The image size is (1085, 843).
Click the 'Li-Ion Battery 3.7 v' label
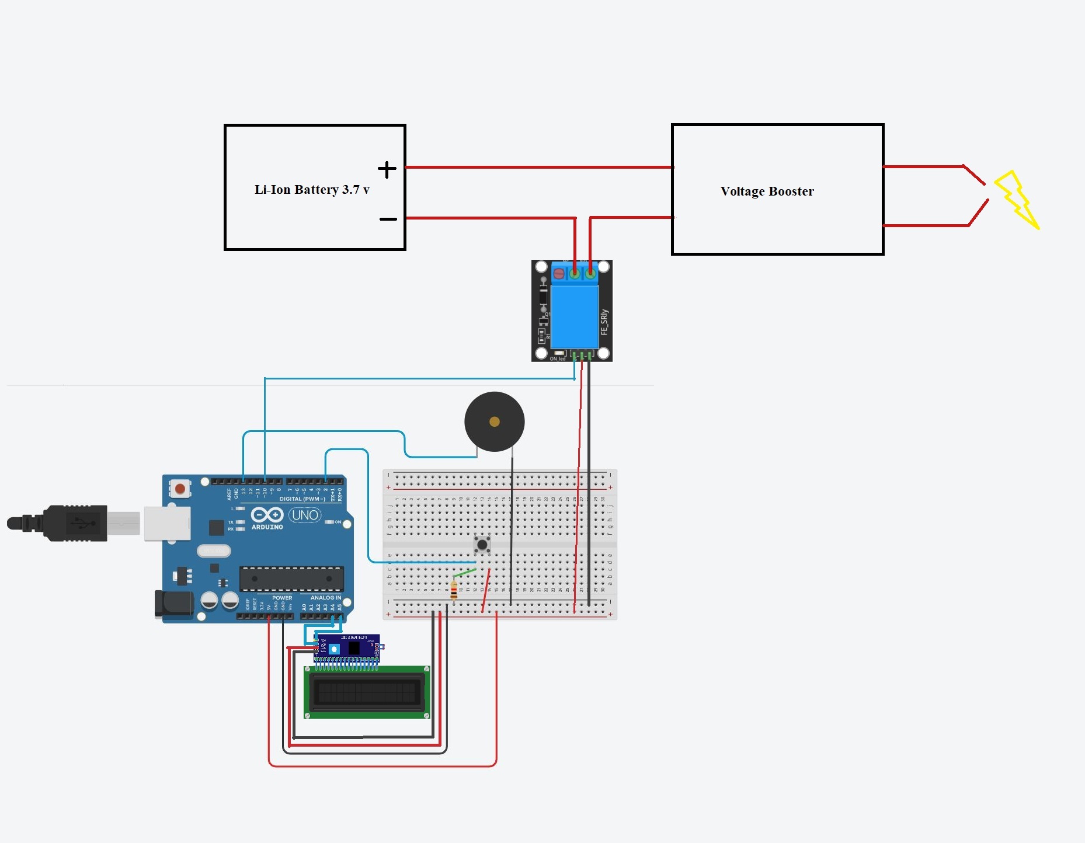tap(312, 190)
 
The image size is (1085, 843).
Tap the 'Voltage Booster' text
tap(767, 191)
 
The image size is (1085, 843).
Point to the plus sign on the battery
tap(387, 169)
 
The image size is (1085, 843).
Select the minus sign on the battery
tap(388, 219)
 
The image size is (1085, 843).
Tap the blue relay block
tap(575, 316)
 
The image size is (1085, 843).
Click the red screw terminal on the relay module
tap(559, 273)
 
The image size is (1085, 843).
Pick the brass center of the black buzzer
tap(494, 421)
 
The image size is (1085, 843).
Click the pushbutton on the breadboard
tap(482, 545)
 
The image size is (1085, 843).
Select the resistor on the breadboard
tap(454, 590)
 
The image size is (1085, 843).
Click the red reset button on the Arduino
tap(180, 488)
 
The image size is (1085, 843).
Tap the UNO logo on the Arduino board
tap(305, 515)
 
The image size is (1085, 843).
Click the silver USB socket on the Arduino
tap(167, 523)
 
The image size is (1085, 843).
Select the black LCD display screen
tap(367, 692)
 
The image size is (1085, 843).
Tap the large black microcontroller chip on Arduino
tap(291, 579)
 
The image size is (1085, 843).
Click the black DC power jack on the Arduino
tap(173, 604)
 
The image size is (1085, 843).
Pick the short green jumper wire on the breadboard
tap(465, 573)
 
